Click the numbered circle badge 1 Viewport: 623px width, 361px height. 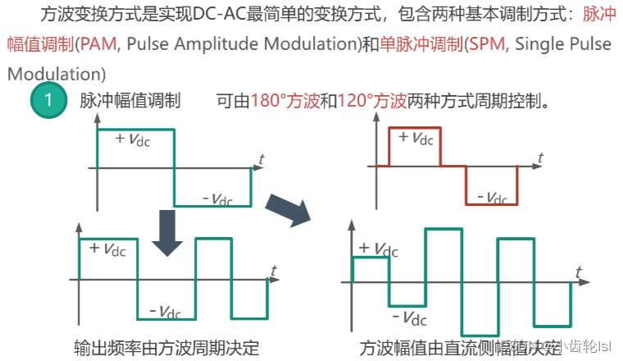coord(48,102)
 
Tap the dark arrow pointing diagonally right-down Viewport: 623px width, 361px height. coord(289,208)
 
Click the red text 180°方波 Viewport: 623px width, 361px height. coord(284,102)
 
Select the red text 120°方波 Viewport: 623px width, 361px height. coord(372,102)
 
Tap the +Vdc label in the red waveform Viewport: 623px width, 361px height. coord(416,137)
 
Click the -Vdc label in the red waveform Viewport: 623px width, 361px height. coord(490,197)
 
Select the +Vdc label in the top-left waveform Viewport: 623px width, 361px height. coord(133,139)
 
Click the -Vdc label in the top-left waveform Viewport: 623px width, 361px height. coord(217,198)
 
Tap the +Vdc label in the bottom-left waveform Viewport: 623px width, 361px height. coord(107,248)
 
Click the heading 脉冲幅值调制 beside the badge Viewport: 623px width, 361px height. coord(130,102)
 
